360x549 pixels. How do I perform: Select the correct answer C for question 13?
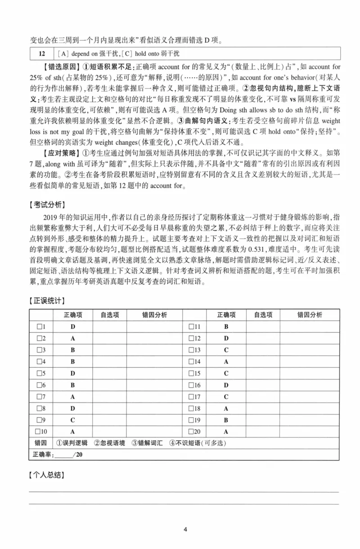226,350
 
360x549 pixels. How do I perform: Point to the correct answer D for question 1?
72,326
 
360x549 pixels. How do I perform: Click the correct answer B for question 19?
226,420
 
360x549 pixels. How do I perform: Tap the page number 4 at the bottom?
184,529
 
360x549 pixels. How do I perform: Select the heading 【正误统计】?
46,300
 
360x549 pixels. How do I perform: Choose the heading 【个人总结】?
46,475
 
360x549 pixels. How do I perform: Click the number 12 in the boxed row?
41,54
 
